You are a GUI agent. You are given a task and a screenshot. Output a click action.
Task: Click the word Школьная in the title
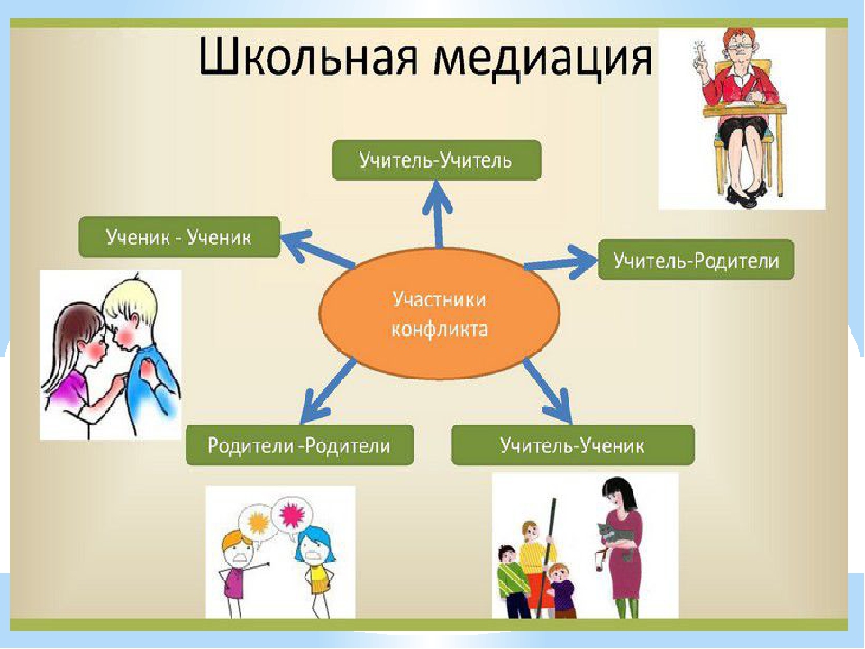coord(308,56)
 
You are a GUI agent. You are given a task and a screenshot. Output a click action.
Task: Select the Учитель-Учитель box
coord(436,160)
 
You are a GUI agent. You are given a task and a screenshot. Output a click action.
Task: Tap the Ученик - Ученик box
coord(179,237)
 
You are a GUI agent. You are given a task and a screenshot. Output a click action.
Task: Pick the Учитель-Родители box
coord(696,260)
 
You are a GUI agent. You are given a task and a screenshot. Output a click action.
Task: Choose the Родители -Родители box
coord(299,444)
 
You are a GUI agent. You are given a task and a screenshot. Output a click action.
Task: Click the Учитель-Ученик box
coord(573,444)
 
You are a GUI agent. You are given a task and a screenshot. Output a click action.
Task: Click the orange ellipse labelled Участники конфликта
coord(440,314)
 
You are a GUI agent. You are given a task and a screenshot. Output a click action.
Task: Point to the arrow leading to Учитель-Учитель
coord(438,215)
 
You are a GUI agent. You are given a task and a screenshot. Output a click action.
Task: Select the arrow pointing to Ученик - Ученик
coord(318,249)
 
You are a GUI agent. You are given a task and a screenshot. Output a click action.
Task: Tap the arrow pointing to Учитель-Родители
coord(560,262)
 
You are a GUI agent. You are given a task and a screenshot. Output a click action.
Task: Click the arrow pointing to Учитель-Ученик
coord(547,390)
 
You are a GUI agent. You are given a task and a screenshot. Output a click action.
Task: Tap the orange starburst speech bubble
coord(258,522)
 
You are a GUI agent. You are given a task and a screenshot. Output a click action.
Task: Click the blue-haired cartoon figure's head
coord(315,544)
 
